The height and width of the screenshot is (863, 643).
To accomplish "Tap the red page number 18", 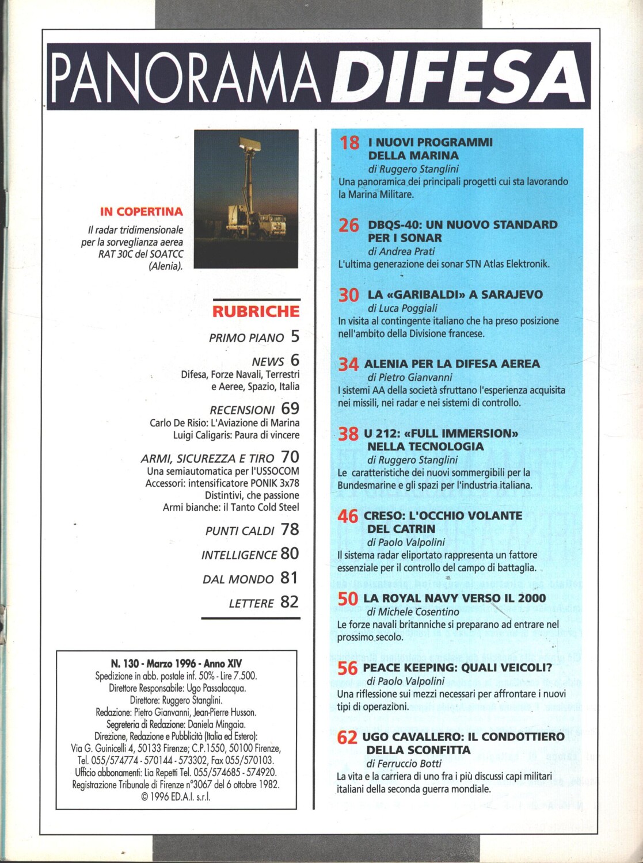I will coord(349,142).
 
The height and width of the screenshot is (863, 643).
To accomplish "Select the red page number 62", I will coord(347,737).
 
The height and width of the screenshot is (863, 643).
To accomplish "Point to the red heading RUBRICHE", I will coord(256,312).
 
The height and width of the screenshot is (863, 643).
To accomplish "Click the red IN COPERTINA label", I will coord(142,212).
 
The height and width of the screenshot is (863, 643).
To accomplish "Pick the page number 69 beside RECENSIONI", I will coord(290,408).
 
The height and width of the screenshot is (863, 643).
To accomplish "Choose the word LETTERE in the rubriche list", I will coord(252,604).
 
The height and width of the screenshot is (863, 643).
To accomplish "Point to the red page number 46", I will coord(348,517).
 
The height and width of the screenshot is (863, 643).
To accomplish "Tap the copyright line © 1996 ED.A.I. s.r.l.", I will coord(176,797).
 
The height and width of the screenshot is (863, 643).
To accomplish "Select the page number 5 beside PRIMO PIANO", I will coord(295,336).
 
